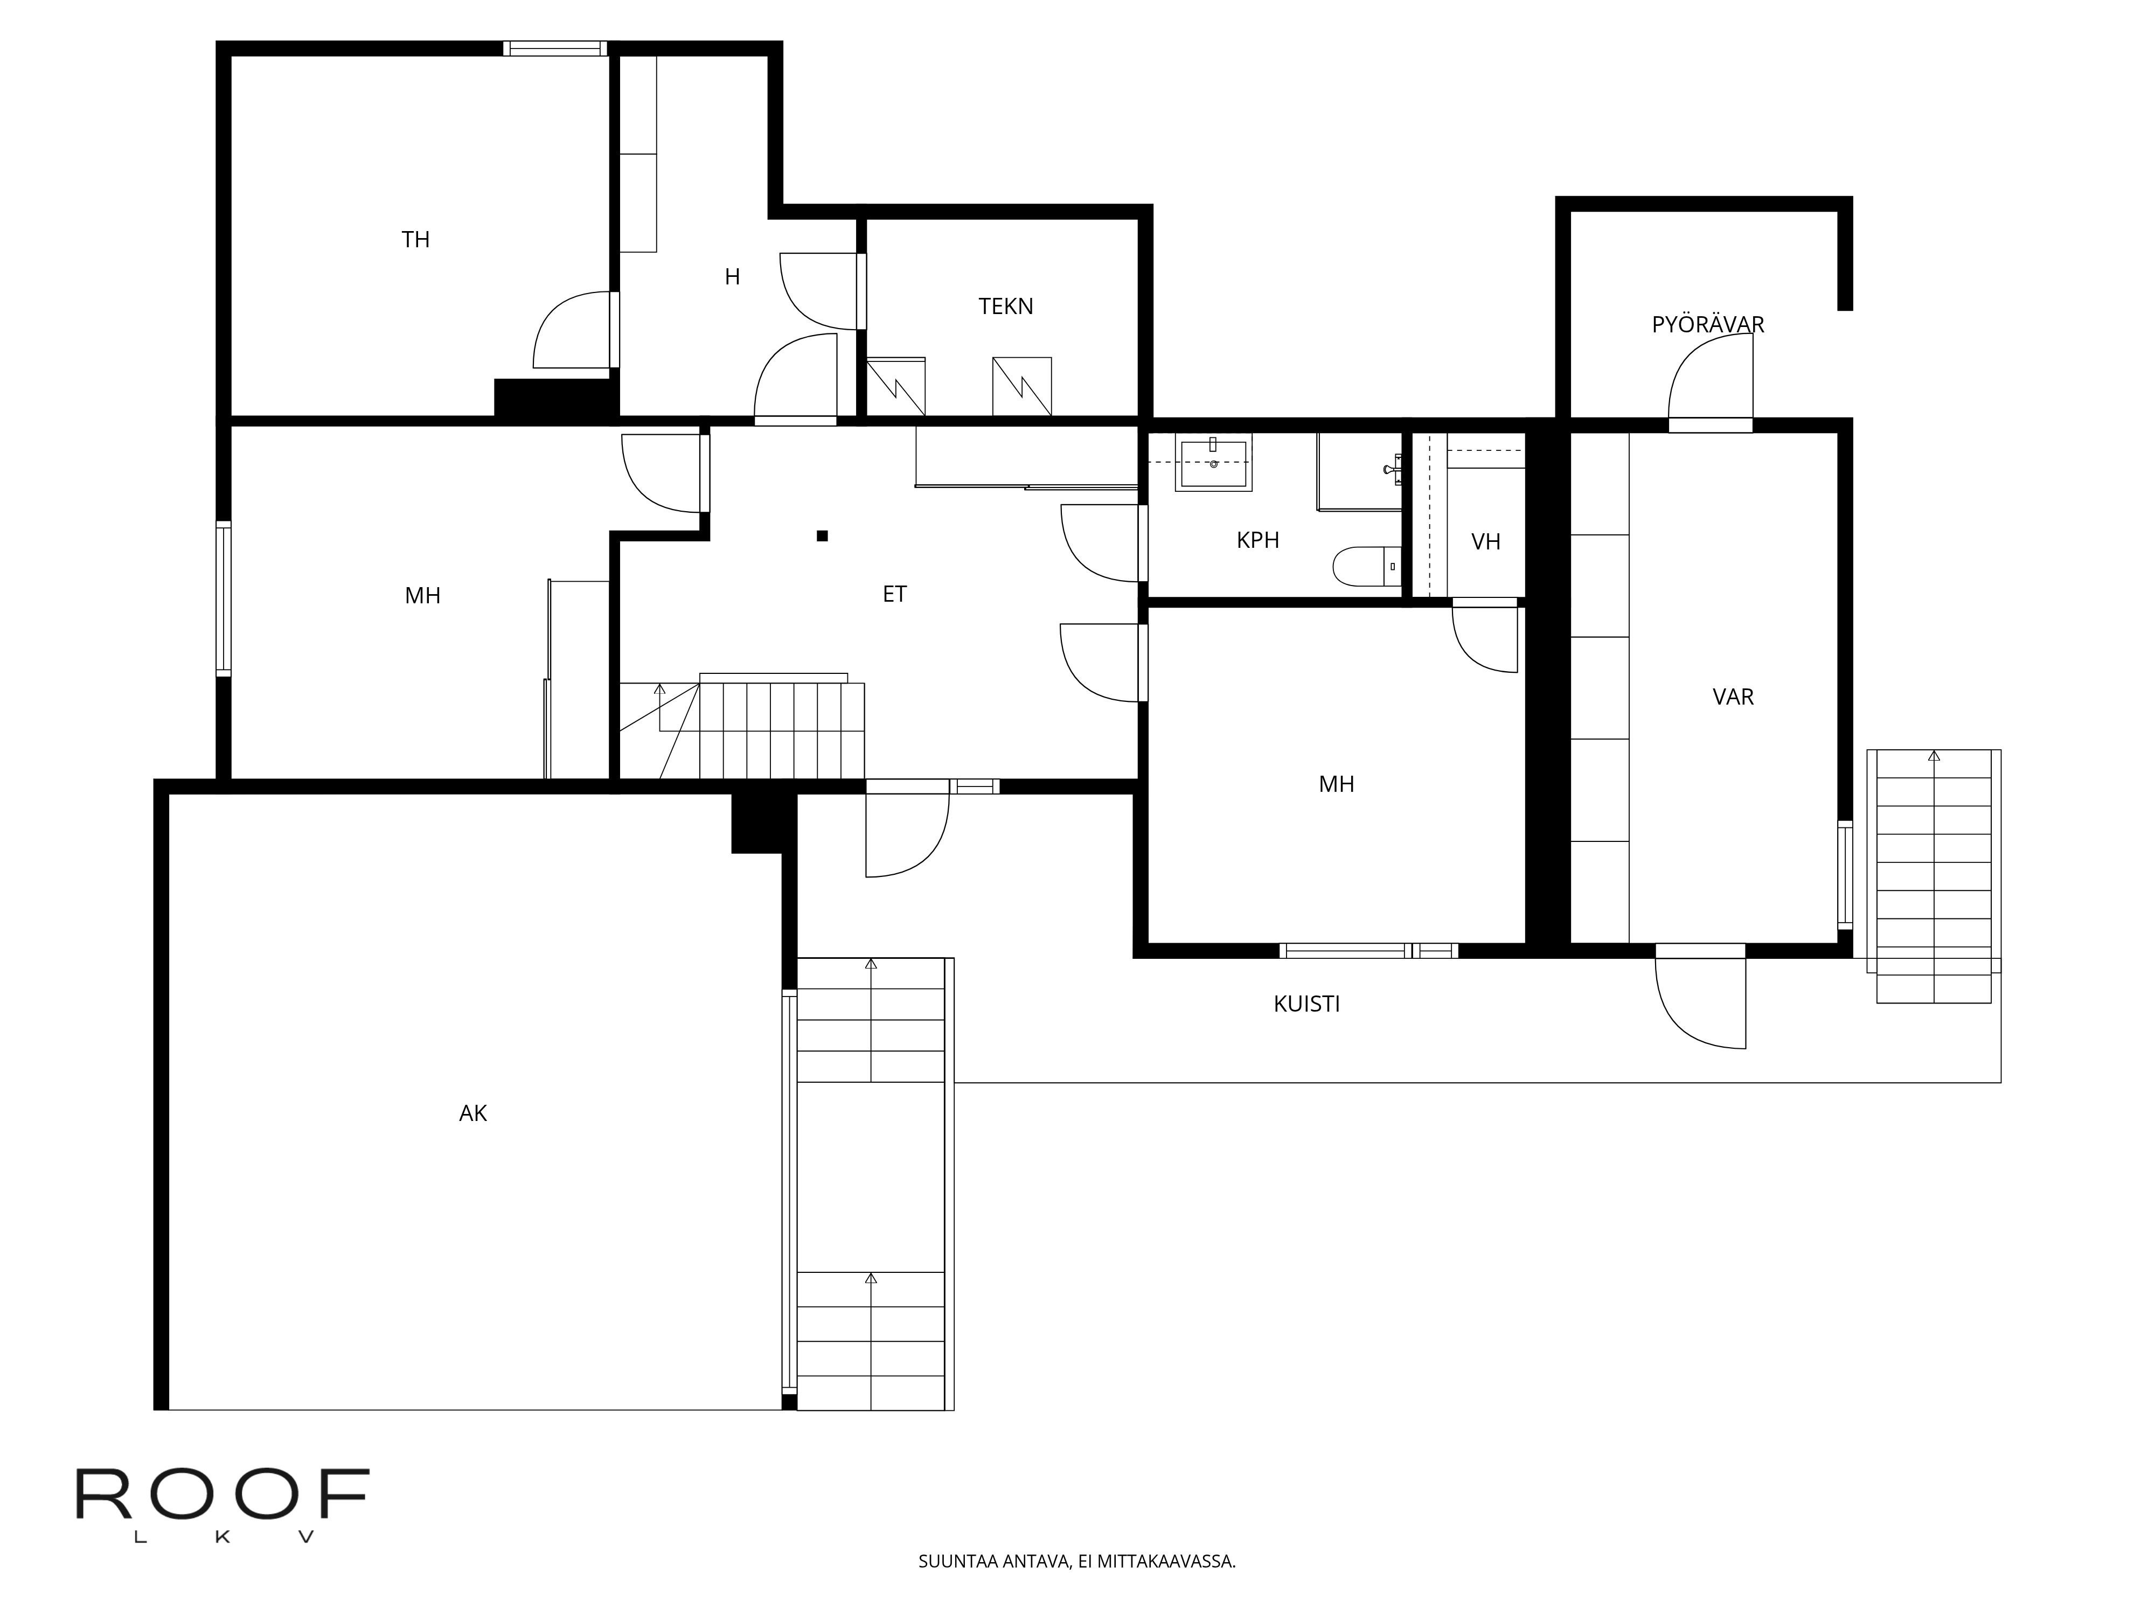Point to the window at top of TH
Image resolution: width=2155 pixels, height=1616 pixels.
tap(554, 48)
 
